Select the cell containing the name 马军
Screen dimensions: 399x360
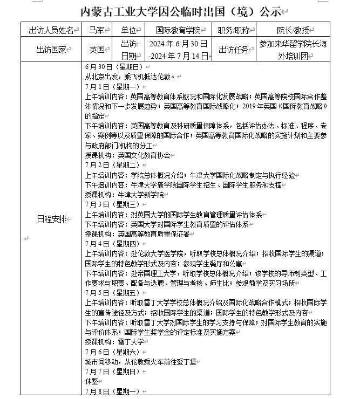click(x=97, y=30)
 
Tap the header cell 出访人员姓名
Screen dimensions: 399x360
click(x=50, y=30)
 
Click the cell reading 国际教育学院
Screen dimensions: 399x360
click(x=178, y=30)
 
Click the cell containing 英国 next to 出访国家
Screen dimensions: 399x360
click(x=97, y=50)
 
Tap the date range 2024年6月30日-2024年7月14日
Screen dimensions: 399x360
click(x=178, y=50)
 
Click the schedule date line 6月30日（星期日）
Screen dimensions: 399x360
click(x=113, y=67)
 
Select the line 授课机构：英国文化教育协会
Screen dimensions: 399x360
click(x=127, y=155)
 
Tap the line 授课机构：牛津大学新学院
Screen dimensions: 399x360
click(x=124, y=195)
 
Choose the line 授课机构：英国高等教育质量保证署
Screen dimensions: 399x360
click(x=137, y=234)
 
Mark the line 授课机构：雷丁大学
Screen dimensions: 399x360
click(x=114, y=342)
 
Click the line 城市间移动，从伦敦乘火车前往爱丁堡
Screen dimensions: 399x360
click(x=142, y=361)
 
